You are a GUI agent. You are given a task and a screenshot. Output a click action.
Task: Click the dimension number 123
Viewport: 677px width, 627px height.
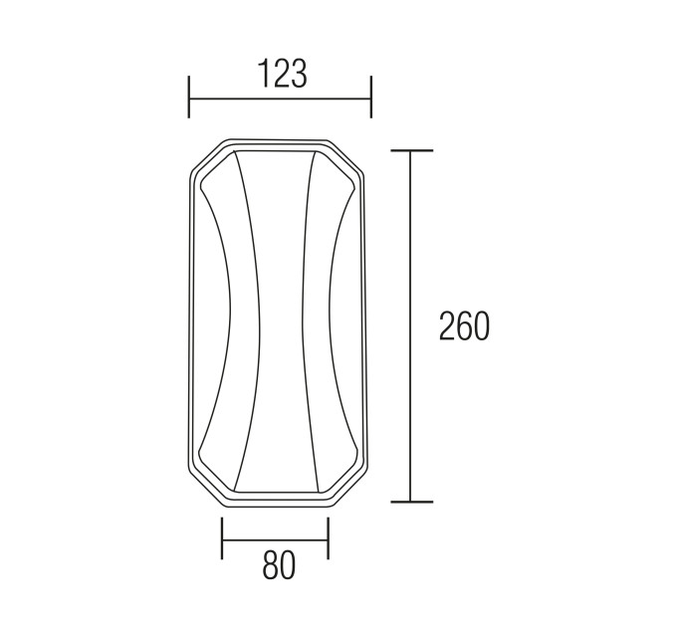283,74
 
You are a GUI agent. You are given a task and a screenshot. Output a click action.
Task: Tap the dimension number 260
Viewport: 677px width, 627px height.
465,325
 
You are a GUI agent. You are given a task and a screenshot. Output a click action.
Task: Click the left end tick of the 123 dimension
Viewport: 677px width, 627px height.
189,97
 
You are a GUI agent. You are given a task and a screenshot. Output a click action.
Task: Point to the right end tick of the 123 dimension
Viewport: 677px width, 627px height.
371,97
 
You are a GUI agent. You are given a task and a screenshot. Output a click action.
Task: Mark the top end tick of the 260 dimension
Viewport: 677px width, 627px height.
411,150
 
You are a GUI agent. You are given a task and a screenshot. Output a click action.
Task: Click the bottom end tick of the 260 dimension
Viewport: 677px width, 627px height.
411,502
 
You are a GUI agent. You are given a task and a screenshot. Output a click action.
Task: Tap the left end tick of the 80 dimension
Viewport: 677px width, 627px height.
222,538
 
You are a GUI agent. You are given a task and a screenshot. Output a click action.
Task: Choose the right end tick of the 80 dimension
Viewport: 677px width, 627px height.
329,538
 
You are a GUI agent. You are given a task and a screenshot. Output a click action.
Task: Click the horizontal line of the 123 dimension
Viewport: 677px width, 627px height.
280,99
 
